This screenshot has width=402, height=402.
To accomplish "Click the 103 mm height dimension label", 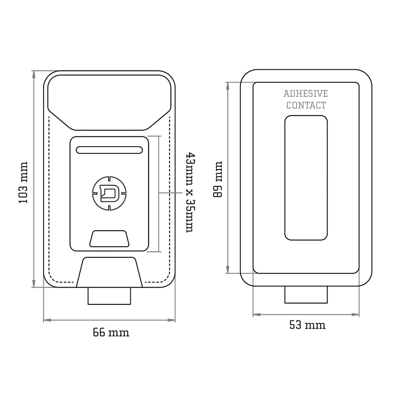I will click(x=23, y=182).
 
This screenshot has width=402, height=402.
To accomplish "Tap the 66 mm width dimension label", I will click(x=111, y=332).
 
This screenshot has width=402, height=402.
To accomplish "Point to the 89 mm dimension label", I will click(x=218, y=180).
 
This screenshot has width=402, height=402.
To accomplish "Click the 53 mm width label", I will click(x=307, y=325).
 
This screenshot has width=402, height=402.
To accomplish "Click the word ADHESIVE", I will click(x=306, y=93).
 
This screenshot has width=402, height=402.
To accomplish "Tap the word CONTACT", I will click(x=306, y=105).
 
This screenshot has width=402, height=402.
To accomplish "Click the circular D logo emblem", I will click(x=109, y=193).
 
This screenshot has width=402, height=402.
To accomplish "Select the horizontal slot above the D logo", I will click(x=109, y=150).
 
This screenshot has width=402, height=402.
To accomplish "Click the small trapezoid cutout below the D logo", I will click(x=109, y=238).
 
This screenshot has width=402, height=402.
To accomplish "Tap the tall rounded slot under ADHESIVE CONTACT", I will click(x=306, y=178).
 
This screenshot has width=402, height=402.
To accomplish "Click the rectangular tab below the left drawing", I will click(x=109, y=296).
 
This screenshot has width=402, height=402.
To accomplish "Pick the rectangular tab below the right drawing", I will click(x=306, y=295).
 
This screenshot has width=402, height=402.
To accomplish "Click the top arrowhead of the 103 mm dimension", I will click(x=34, y=74).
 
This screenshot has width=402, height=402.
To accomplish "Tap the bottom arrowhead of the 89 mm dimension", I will click(x=228, y=270).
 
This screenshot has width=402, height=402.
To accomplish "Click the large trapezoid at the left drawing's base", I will click(x=109, y=272).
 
